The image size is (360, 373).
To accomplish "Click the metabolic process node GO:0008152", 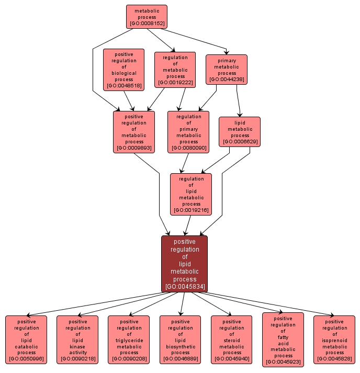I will tap(147, 17).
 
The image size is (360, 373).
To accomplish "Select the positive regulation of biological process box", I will tap(123, 70).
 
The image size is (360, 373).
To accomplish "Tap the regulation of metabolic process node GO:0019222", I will tap(175, 70).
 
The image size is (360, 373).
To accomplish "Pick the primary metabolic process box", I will tap(226, 70).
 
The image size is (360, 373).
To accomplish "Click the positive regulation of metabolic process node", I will tap(134, 132).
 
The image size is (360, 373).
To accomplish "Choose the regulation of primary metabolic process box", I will tap(188, 132).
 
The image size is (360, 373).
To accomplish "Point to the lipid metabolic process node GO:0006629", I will tap(240, 132).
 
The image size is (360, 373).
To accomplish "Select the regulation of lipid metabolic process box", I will tap(191, 194).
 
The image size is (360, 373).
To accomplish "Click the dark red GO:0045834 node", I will tap(184, 264).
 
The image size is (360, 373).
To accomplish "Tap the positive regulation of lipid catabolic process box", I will tap(26, 340).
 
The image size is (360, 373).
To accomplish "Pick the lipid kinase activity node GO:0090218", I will tap(77, 340).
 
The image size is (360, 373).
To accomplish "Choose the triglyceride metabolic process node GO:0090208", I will tap(129, 340).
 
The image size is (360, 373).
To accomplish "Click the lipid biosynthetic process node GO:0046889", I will tap(180, 340).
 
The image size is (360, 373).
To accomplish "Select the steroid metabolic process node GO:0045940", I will tap(231, 340).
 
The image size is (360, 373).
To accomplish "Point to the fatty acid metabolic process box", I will tap(283, 340).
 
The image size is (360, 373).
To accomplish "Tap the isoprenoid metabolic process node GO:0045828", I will tap(334, 340).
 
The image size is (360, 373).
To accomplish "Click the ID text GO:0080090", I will tap(188, 148).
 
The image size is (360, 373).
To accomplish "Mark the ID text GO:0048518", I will tap(123, 86).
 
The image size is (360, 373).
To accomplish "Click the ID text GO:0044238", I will tap(226, 80).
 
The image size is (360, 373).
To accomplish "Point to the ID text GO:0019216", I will tap(191, 210).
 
